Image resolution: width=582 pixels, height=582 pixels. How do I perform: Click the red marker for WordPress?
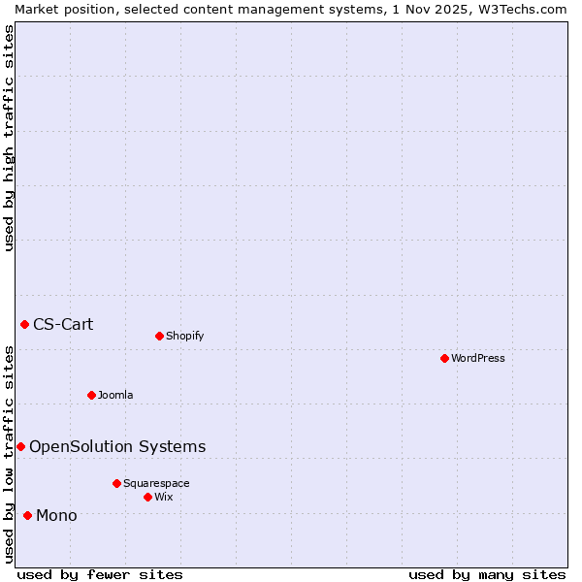pyautogui.click(x=444, y=358)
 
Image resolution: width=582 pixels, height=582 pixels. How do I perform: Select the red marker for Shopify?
pyautogui.click(x=159, y=336)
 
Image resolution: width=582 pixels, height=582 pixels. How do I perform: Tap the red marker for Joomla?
pyautogui.click(x=91, y=395)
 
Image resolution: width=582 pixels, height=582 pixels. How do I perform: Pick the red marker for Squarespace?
pyautogui.click(x=116, y=483)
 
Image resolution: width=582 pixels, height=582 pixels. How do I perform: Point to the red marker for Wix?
pyautogui.click(x=147, y=497)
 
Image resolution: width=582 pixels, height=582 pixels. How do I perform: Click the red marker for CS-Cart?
pyautogui.click(x=24, y=324)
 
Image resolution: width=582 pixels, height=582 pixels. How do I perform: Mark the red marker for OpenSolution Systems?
pyautogui.click(x=20, y=446)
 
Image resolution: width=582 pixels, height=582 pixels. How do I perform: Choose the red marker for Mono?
pyautogui.click(x=27, y=515)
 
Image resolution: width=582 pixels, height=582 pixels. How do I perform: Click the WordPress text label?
pyautogui.click(x=478, y=358)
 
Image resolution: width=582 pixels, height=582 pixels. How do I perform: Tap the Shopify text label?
pyautogui.click(x=184, y=336)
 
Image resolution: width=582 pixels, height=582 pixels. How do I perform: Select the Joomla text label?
pyautogui.click(x=115, y=395)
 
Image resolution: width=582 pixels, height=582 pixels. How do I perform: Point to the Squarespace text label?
pyautogui.click(x=156, y=483)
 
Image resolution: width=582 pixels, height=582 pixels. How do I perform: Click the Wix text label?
pyautogui.click(x=163, y=497)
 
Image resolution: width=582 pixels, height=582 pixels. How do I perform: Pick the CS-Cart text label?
pyautogui.click(x=63, y=324)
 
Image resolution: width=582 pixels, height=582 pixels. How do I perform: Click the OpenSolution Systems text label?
pyautogui.click(x=117, y=446)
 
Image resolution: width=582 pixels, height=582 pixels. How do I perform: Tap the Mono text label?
pyautogui.click(x=56, y=515)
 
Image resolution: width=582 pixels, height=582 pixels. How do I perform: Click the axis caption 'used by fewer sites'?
pyautogui.click(x=100, y=574)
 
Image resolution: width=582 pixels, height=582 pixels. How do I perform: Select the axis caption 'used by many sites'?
pyautogui.click(x=487, y=574)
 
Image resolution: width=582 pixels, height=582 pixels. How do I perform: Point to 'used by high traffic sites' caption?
pyautogui.click(x=9, y=138)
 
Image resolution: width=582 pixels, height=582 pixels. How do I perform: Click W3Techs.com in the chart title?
pyautogui.click(x=519, y=9)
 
